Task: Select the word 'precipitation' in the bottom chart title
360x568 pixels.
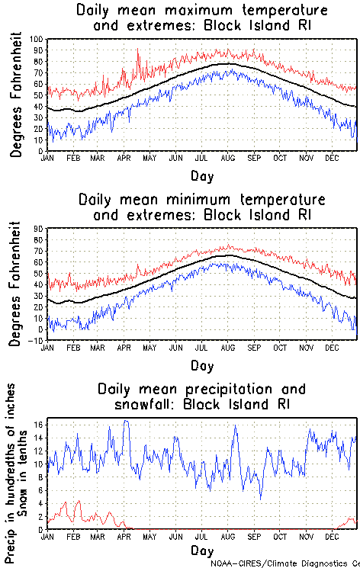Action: click(221, 389)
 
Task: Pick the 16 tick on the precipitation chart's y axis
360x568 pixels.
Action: click(38, 422)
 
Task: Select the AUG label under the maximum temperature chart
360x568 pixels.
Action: click(227, 159)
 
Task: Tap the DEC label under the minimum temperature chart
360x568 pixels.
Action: click(331, 348)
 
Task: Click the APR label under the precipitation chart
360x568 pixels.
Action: click(124, 537)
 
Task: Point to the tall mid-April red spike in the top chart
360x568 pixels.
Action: click(137, 50)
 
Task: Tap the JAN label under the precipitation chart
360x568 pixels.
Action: click(47, 537)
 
